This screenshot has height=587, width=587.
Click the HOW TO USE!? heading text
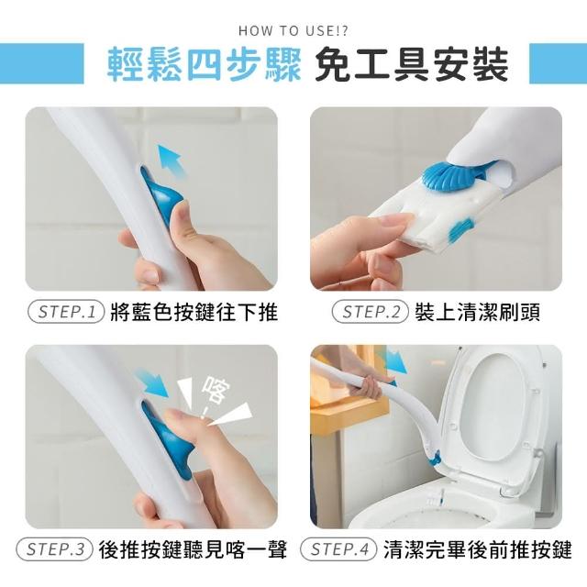(293, 30)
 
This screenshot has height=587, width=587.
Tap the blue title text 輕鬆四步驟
(204, 64)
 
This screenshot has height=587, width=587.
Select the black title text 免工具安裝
(412, 64)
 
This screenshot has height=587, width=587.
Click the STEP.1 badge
(66, 312)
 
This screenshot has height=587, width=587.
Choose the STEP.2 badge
(370, 312)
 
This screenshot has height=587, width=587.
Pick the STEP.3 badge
(54, 549)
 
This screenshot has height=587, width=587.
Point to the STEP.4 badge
(338, 549)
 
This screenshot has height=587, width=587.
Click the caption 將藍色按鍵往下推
(194, 312)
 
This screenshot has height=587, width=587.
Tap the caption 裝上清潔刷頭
(477, 312)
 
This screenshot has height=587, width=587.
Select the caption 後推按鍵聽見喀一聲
(193, 549)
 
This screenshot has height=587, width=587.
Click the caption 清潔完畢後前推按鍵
(478, 549)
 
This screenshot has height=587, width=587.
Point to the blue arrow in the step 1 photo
(172, 161)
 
